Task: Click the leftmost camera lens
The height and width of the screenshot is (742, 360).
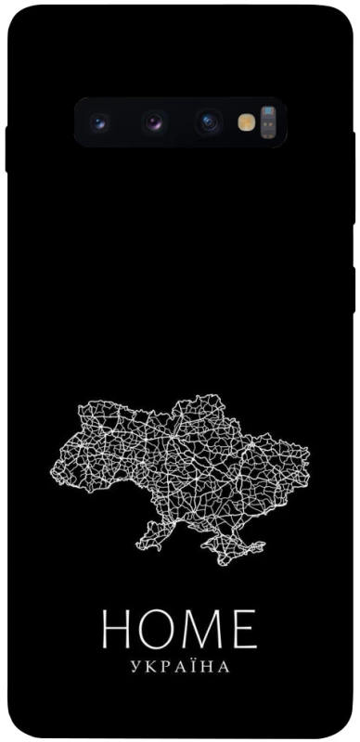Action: (100, 122)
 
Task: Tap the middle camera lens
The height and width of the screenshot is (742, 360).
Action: (154, 122)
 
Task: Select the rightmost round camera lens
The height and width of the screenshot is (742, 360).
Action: (208, 122)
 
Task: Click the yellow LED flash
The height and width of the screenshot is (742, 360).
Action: (246, 122)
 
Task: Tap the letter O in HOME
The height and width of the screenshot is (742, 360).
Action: (159, 630)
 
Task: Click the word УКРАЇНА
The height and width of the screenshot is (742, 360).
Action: (180, 666)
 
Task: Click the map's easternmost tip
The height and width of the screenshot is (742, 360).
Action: (307, 458)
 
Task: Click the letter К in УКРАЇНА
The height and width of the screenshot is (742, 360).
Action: (148, 666)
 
